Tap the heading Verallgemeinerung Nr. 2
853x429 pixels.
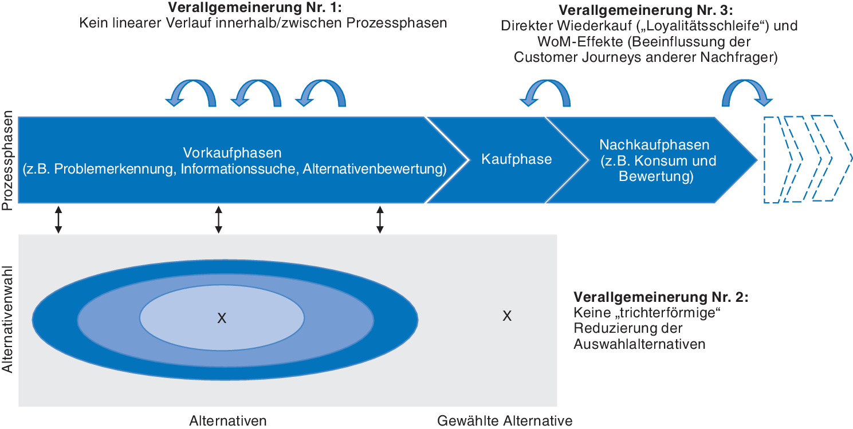[661, 298]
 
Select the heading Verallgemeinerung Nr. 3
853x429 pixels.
[646, 11]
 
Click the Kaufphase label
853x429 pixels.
[516, 159]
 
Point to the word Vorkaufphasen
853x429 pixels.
[233, 154]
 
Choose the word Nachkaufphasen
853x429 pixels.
[654, 145]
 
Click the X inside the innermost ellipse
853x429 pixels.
[222, 318]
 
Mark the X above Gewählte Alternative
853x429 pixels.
[506, 316]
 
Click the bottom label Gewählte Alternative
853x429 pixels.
[505, 421]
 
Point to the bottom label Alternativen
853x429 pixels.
[228, 421]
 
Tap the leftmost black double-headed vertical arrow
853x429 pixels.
[58, 219]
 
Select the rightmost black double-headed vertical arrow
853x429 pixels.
[379, 219]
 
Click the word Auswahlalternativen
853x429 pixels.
[639, 344]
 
